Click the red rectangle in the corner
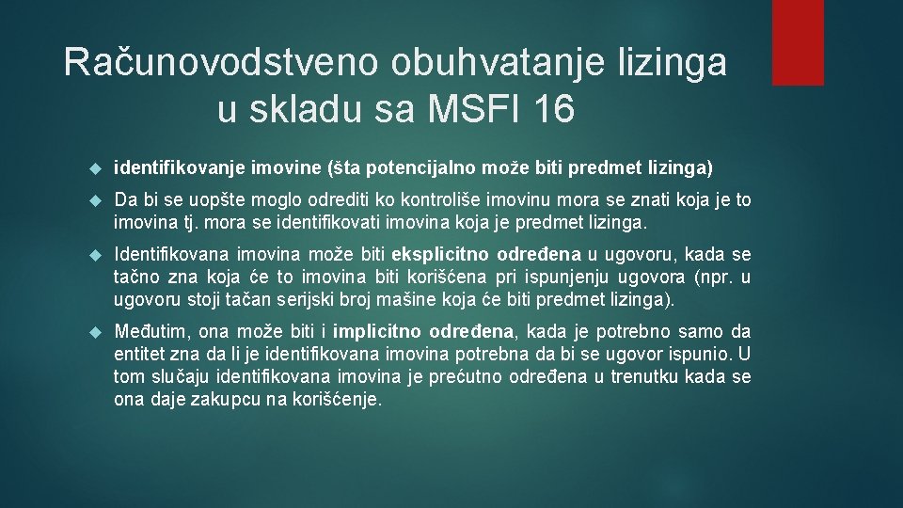pos(798,42)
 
